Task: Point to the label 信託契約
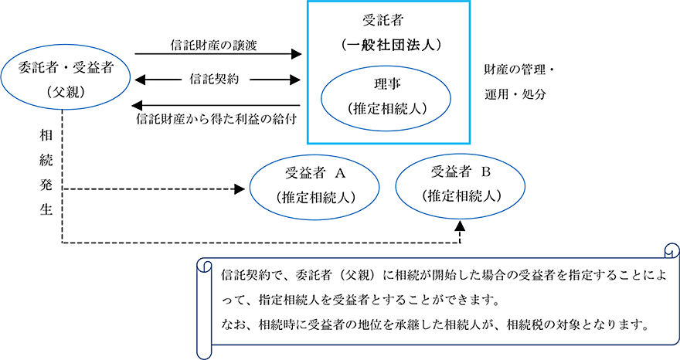tap(216, 78)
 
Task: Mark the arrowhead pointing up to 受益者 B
tap(461, 226)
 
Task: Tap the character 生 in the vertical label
tap(46, 211)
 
